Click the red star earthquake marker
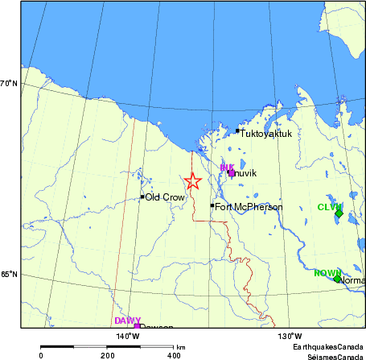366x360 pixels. click(192, 182)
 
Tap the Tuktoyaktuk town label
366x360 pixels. click(266, 134)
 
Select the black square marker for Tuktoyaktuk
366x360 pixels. click(237, 130)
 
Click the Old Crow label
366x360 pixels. click(165, 197)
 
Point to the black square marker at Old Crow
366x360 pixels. click(142, 197)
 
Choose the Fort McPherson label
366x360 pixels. click(249, 207)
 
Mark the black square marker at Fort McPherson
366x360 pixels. click(212, 206)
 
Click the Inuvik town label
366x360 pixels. click(244, 173)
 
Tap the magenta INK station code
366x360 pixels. click(227, 168)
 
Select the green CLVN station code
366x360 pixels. click(329, 207)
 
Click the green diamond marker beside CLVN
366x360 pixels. click(339, 213)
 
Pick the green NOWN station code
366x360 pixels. click(327, 273)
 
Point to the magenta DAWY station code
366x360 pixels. click(127, 321)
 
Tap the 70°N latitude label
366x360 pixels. click(10, 83)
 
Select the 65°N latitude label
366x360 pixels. click(10, 275)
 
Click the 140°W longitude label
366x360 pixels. click(127, 336)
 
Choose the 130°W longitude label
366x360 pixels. click(289, 336)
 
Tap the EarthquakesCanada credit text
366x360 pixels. click(328, 346)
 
